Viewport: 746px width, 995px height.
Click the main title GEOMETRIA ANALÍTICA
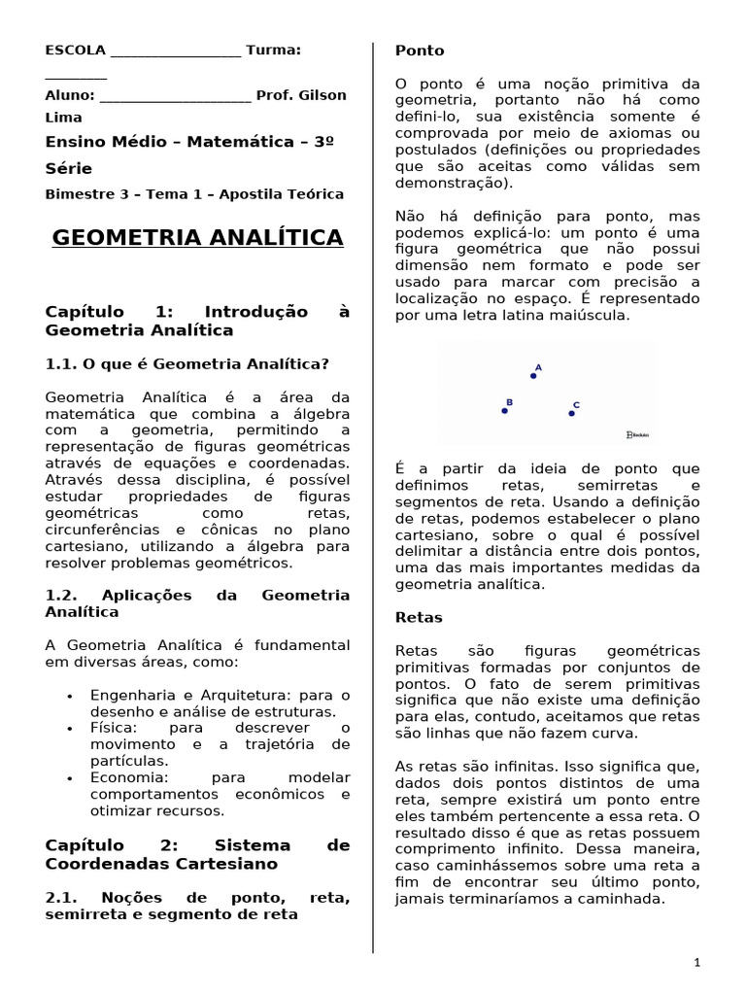197,238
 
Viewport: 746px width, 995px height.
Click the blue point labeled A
533,375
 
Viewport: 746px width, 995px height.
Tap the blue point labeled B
504,410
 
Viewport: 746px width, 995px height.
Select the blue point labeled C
571,413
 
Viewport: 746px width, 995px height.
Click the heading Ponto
420,51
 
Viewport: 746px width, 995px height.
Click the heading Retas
420,617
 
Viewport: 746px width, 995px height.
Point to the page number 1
696,962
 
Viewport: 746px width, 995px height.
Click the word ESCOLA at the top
76,50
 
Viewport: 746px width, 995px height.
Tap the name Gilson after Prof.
321,95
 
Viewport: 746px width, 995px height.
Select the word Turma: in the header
273,50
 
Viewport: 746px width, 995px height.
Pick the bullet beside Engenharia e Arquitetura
71,697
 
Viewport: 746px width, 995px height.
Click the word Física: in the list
114,728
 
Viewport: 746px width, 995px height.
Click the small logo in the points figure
637,435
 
